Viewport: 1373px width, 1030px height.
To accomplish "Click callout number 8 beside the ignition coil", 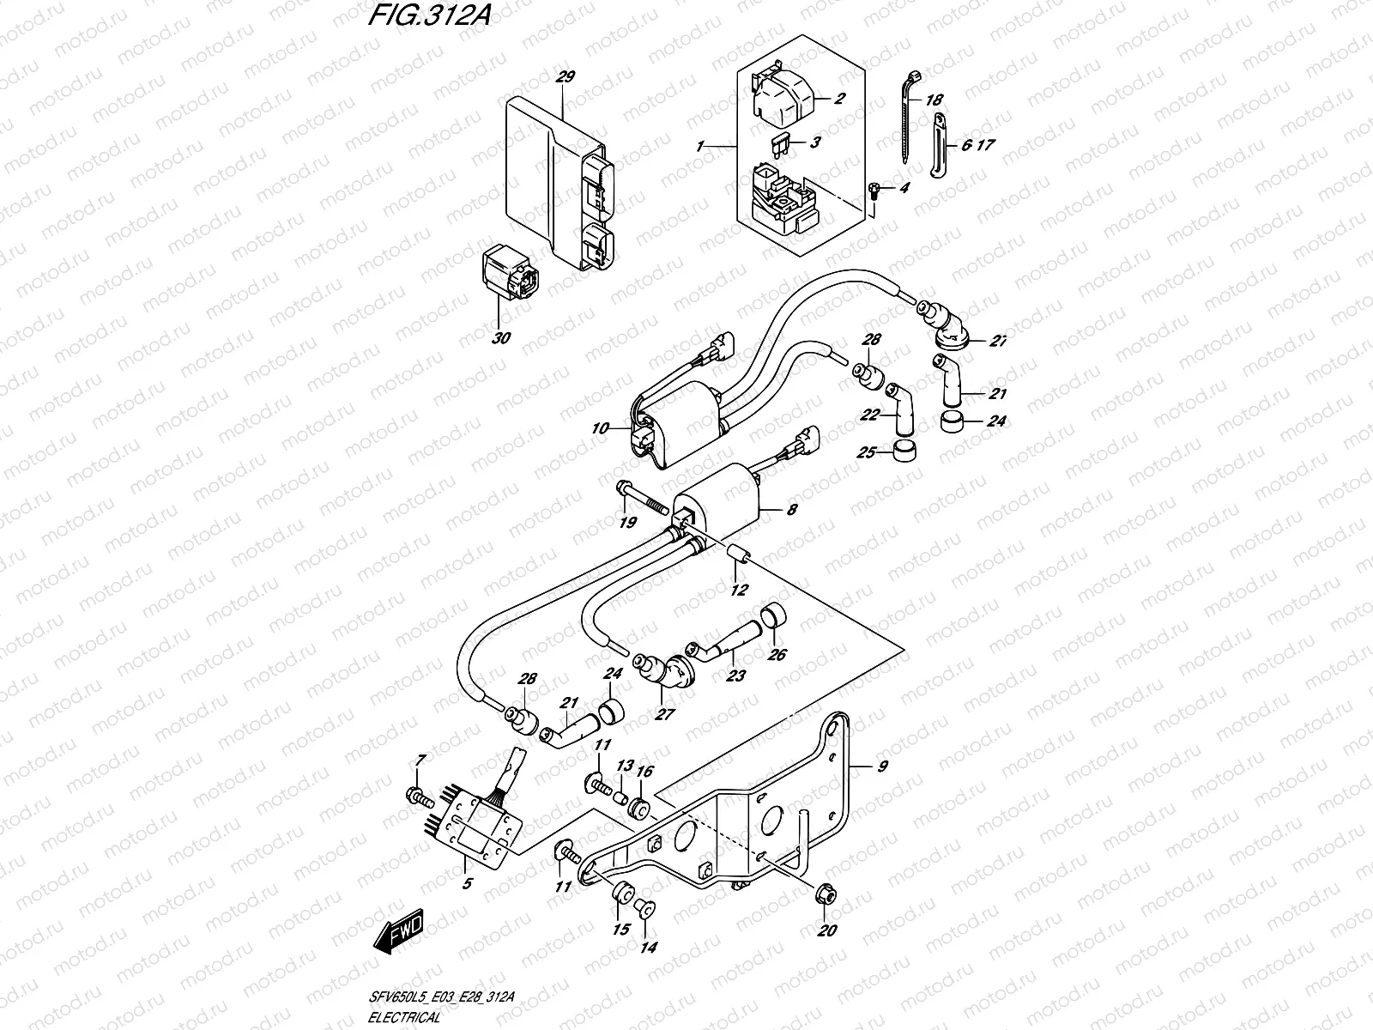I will [x=791, y=510].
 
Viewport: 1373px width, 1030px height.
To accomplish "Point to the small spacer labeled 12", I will [x=741, y=558].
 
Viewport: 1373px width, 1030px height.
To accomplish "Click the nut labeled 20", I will [x=826, y=897].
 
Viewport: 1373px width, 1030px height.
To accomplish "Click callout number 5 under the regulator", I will [x=467, y=882].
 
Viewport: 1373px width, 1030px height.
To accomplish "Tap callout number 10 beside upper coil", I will [x=599, y=427].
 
